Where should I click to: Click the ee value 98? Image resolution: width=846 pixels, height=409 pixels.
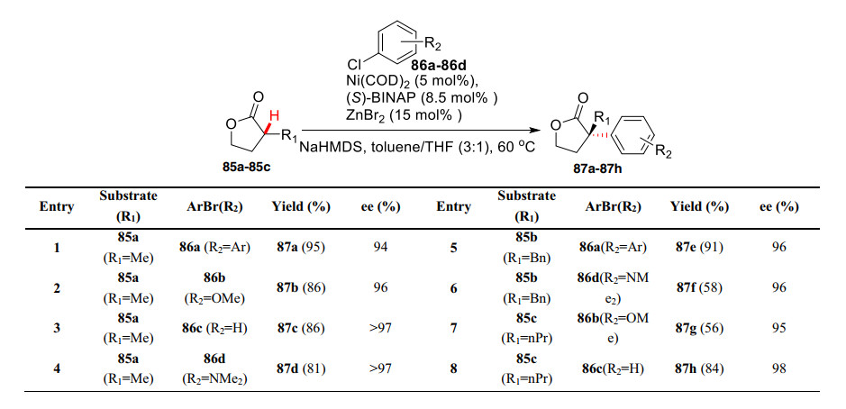pos(778,368)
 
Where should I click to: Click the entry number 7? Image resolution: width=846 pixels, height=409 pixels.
pos(454,329)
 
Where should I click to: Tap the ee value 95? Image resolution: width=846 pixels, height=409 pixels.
pos(778,329)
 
